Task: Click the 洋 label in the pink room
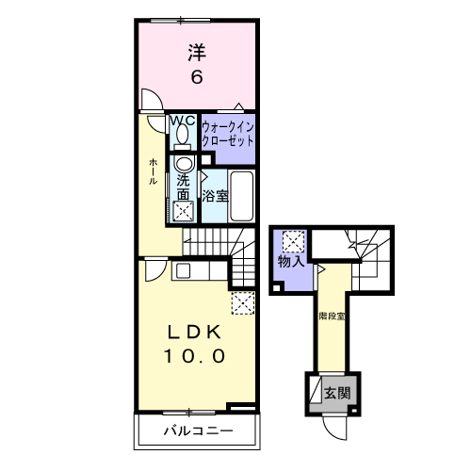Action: coord(197,53)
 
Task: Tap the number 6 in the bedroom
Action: coord(197,76)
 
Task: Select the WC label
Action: coord(183,121)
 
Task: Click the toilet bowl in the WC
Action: coord(182,134)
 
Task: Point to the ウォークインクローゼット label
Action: coord(228,135)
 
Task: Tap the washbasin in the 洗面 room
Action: coord(184,164)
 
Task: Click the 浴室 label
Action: coord(215,196)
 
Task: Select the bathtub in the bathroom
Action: coord(241,196)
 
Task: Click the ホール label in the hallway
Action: coord(153,171)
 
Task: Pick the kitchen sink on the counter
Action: coord(183,270)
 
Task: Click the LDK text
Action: coord(195,332)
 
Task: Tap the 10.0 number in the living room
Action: coord(195,356)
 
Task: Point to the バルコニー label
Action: coord(199,430)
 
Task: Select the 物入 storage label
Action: coord(291,261)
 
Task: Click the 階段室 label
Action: coord(332,317)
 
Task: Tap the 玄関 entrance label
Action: coord(337,393)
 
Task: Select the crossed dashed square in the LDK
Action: coord(243,303)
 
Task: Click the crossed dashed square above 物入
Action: coord(293,241)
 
